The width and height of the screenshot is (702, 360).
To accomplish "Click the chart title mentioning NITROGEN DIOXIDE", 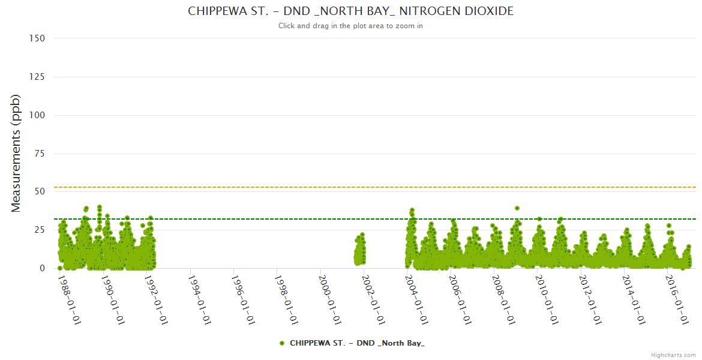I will click(x=350, y=11).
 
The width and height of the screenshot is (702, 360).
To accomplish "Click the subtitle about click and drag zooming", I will click(x=350, y=26).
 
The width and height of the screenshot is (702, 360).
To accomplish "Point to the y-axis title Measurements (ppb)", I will click(x=16, y=153).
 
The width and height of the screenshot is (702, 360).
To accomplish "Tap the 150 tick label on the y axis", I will click(x=37, y=38).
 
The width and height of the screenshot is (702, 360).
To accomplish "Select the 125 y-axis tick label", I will click(x=37, y=77).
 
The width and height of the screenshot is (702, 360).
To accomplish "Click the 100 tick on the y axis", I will click(x=37, y=115).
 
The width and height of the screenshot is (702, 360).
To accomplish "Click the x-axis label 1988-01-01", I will click(x=69, y=299).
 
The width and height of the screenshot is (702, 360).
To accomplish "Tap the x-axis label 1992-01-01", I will click(x=155, y=299).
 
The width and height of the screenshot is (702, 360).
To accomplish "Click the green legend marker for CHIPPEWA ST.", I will click(x=282, y=343).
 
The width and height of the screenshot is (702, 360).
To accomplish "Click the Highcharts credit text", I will click(x=673, y=355).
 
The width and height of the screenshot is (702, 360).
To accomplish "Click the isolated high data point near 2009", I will click(x=517, y=208).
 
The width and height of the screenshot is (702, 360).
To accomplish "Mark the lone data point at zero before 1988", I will click(x=60, y=268).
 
